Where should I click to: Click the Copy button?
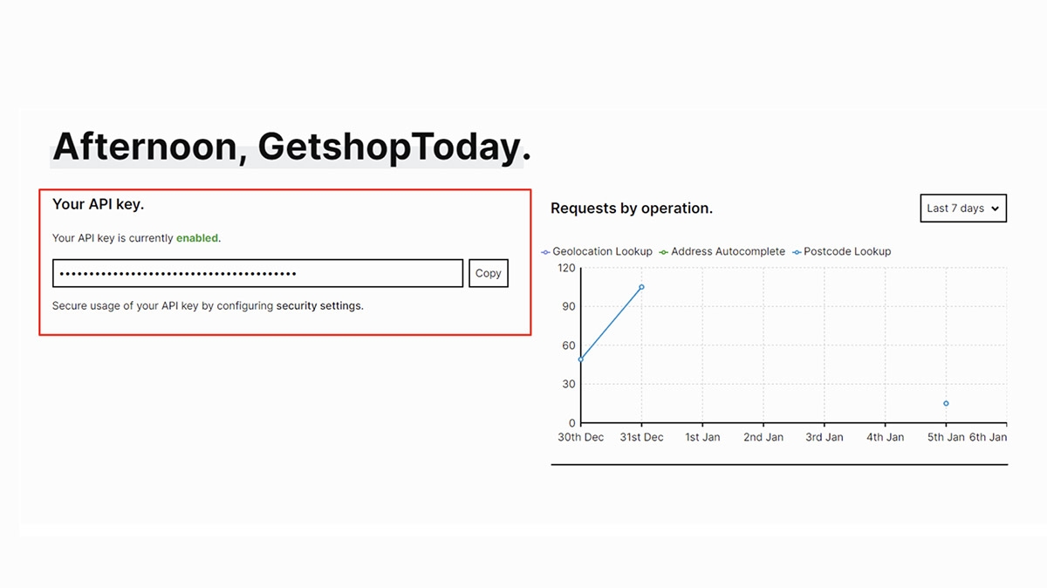pyautogui.click(x=489, y=273)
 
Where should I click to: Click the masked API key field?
pyautogui.click(x=257, y=273)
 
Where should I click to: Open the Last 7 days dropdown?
pyautogui.click(x=963, y=208)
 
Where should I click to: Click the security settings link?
pyautogui.click(x=319, y=305)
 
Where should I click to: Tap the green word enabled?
pyautogui.click(x=197, y=238)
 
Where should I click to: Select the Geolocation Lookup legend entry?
pyautogui.click(x=597, y=251)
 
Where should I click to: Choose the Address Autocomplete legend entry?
pyautogui.click(x=722, y=251)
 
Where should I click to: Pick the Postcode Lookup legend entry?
pyautogui.click(x=842, y=251)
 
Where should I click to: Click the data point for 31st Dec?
pyautogui.click(x=641, y=287)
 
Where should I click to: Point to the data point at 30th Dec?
pyautogui.click(x=581, y=359)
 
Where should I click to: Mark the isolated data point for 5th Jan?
pyautogui.click(x=946, y=403)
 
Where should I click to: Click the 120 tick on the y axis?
pyautogui.click(x=566, y=268)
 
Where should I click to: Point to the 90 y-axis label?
pyautogui.click(x=569, y=306)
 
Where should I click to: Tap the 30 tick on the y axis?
pyautogui.click(x=569, y=384)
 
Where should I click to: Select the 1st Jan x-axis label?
pyautogui.click(x=702, y=437)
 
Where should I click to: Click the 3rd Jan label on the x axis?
pyautogui.click(x=825, y=437)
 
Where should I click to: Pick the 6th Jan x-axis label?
pyautogui.click(x=988, y=437)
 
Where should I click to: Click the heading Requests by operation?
pyautogui.click(x=632, y=208)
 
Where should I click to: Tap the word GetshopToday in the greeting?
pyautogui.click(x=389, y=147)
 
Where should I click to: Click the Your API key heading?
pyautogui.click(x=98, y=204)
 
